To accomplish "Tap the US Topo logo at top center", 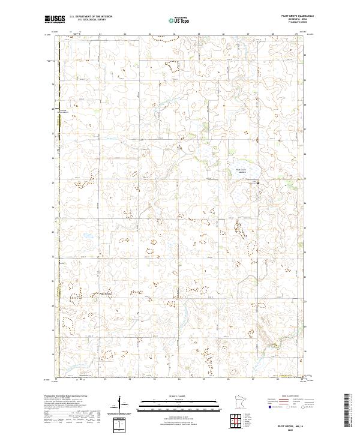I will pos(181,20).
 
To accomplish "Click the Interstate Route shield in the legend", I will pos(268,406).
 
